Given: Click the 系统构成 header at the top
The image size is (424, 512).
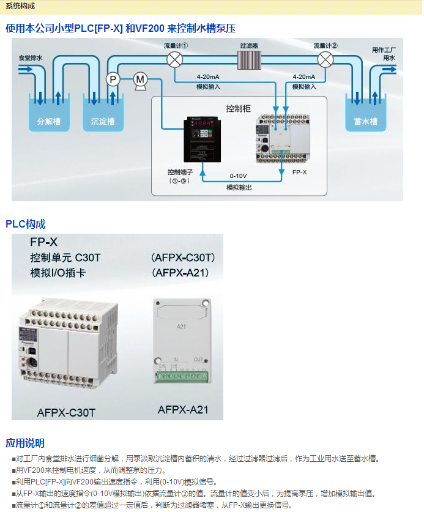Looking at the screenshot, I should (x=20, y=6).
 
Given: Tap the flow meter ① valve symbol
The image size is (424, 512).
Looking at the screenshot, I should (x=176, y=59).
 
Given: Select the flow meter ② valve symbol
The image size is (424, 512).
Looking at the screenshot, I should (x=325, y=59).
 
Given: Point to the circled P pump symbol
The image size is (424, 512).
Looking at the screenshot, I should (x=113, y=78).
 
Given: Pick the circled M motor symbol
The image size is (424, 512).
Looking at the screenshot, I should (x=140, y=79).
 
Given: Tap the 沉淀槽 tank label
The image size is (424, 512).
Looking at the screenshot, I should (x=102, y=121).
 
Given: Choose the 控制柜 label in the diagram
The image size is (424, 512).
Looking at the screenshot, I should (x=238, y=108).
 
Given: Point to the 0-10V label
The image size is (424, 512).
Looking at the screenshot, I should (x=239, y=176).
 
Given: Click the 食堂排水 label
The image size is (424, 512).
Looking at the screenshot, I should (x=31, y=58).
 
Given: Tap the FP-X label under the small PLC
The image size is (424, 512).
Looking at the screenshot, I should (x=299, y=173).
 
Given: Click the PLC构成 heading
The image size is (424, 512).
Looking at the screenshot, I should (x=26, y=224).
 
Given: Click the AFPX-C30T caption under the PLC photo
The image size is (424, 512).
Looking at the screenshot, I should (x=66, y=412).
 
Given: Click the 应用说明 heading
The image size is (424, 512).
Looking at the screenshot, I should (x=25, y=443).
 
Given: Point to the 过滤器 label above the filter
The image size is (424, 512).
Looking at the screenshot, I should (x=249, y=45).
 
